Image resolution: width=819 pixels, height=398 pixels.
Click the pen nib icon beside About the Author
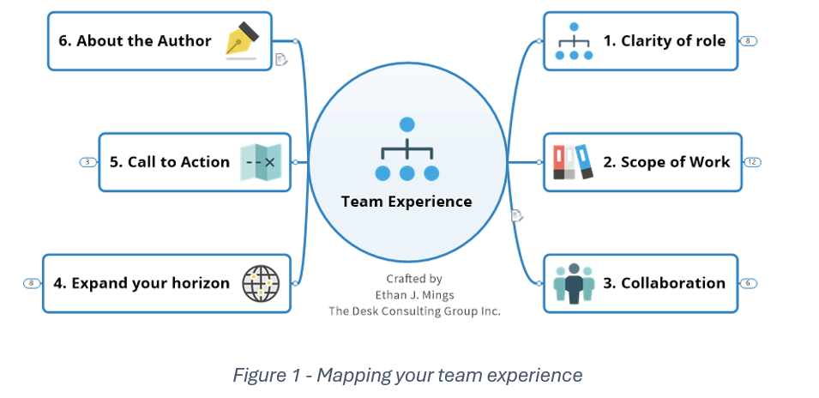tap(242, 40)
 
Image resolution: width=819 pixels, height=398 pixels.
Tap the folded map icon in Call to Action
tap(261, 161)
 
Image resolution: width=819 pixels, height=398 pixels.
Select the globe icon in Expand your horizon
tap(261, 283)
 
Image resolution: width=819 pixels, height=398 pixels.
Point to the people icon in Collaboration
tap(574, 283)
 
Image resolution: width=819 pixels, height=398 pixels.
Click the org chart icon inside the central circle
tap(407, 150)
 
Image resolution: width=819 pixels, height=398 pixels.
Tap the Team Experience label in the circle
tap(406, 202)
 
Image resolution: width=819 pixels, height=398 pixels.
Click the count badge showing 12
tap(752, 161)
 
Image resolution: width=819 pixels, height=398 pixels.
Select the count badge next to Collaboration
tap(749, 283)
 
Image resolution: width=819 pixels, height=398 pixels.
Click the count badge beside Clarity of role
tap(749, 40)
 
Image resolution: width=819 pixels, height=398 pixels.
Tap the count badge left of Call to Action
tap(88, 161)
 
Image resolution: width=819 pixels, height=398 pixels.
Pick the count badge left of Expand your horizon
tap(32, 283)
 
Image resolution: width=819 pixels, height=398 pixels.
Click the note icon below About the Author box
tap(280, 59)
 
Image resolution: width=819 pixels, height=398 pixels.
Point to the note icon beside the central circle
tap(516, 215)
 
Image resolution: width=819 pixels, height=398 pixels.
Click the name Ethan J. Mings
tap(414, 294)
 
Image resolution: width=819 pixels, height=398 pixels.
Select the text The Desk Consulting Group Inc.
tap(414, 311)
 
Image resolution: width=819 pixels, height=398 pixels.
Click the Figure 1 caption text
tap(407, 375)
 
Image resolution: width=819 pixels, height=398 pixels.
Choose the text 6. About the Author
tap(135, 40)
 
